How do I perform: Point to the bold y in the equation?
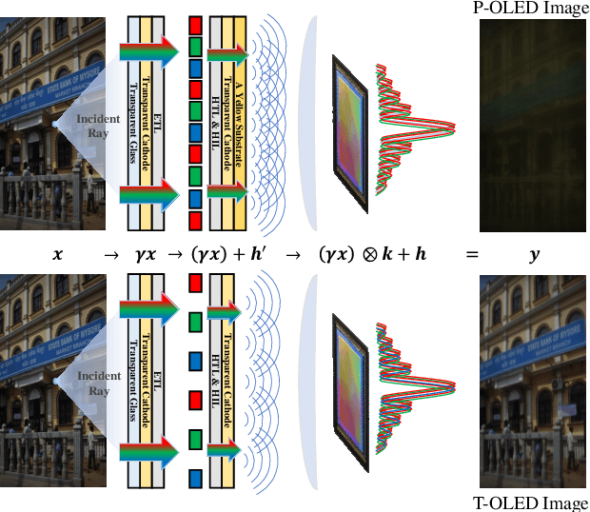tap(534, 256)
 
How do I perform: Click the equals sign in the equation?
tap(471, 255)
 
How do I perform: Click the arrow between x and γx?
tap(111, 255)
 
